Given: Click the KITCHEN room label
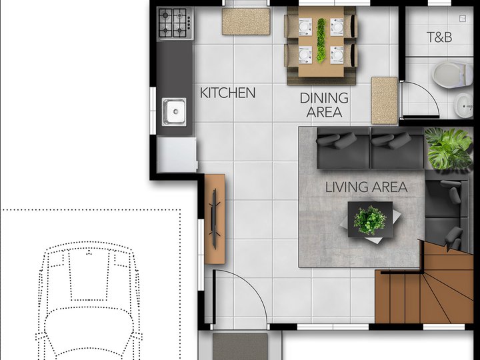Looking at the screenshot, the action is click(227, 93).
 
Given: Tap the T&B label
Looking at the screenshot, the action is click(439, 37).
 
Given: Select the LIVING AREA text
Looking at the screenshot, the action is click(366, 187).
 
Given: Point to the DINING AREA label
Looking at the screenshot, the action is click(324, 105).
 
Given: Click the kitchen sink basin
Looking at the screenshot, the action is click(174, 111).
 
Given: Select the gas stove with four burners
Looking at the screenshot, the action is click(176, 23).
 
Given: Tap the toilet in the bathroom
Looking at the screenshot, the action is click(452, 75).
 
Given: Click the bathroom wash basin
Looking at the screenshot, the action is click(463, 105).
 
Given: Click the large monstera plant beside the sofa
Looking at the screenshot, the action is click(449, 148).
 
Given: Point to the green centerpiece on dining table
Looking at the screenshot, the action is click(321, 41).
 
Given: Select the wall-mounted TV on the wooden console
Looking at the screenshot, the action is click(214, 219).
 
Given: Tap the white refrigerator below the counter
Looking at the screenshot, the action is click(177, 155).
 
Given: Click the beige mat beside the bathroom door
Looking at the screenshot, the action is click(385, 101).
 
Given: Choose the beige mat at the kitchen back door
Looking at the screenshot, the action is click(246, 21).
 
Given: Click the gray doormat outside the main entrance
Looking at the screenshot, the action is click(240, 347).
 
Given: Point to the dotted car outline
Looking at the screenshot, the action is click(89, 300).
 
